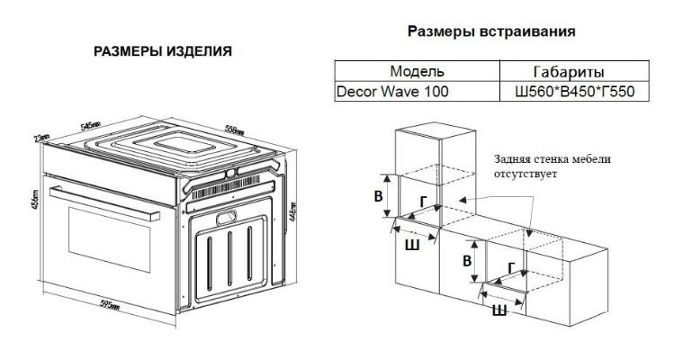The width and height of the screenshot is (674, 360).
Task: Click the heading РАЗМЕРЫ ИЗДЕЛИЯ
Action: (x=163, y=51)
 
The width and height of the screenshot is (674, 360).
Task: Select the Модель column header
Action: (x=418, y=71)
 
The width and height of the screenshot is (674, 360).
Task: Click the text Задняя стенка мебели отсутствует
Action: (x=551, y=166)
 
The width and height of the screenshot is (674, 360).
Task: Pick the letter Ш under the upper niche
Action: (x=410, y=243)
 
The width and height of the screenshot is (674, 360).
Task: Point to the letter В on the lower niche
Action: (x=465, y=260)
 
